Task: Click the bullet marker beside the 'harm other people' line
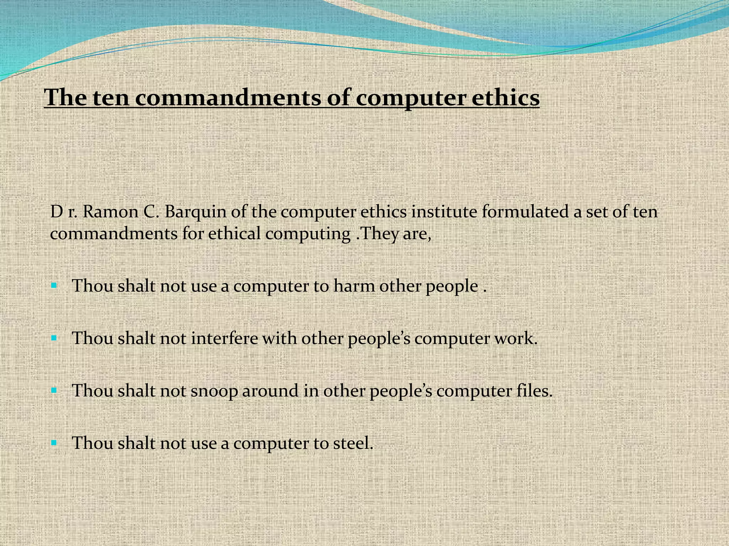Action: click(54, 285)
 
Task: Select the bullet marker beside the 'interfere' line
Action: click(54, 338)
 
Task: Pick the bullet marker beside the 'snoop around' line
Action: click(54, 390)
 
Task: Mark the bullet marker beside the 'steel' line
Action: click(54, 443)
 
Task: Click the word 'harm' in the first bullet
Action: click(354, 286)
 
